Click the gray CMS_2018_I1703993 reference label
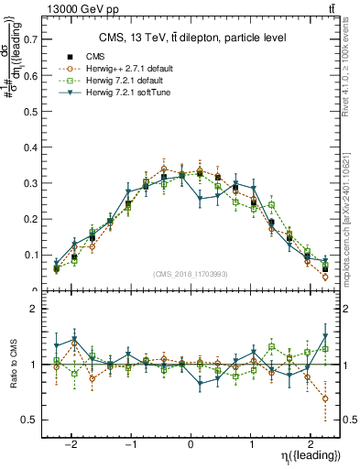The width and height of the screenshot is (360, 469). [x=191, y=273]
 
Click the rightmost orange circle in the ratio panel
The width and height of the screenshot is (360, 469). [x=325, y=398]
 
